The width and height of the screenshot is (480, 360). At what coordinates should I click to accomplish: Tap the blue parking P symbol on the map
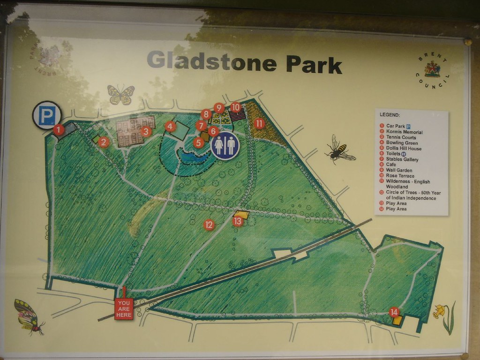tap(47, 115)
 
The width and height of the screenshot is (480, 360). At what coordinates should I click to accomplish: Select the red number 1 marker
tap(59, 130)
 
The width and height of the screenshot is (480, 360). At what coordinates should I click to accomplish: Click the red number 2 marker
tap(104, 142)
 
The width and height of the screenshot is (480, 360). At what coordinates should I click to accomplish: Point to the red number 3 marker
tap(146, 131)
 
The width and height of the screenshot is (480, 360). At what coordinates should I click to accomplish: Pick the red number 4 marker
tap(171, 126)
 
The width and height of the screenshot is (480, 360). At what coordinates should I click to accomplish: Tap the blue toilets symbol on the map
tap(225, 145)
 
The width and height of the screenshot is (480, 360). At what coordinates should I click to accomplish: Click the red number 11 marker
tap(259, 124)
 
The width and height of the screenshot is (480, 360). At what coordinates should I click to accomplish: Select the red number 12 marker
tap(209, 225)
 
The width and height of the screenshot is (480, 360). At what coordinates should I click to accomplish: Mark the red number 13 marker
tap(238, 221)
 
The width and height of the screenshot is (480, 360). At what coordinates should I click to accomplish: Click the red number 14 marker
tap(394, 312)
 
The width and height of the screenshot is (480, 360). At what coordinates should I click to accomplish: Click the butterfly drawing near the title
tap(120, 94)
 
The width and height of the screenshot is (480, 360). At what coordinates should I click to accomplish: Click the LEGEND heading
tap(390, 114)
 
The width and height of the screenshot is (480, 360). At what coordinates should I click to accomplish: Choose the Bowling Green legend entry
tap(401, 143)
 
